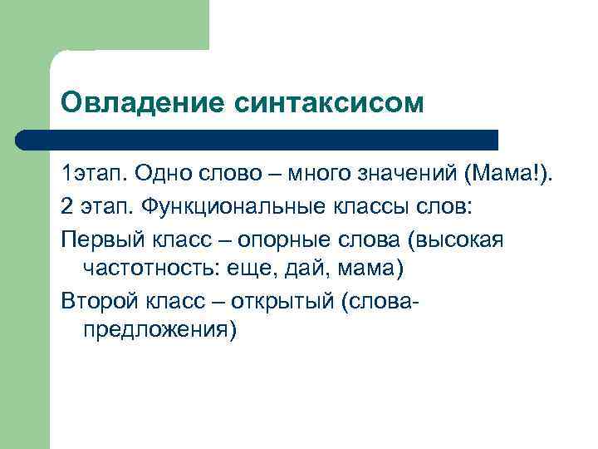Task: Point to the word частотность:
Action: coord(152,269)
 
